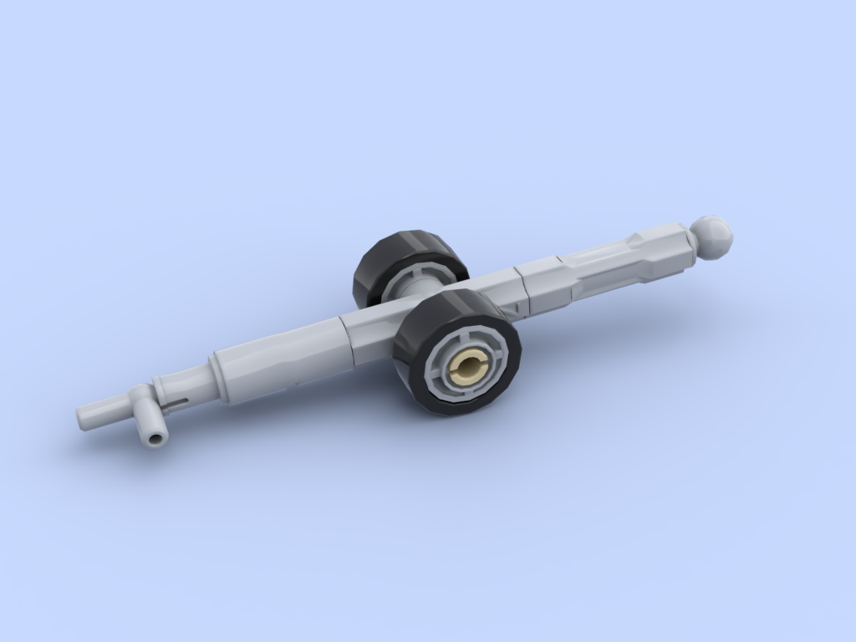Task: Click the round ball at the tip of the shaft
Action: (711, 237)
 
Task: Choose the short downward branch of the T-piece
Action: (150, 422)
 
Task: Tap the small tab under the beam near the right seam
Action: (518, 311)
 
